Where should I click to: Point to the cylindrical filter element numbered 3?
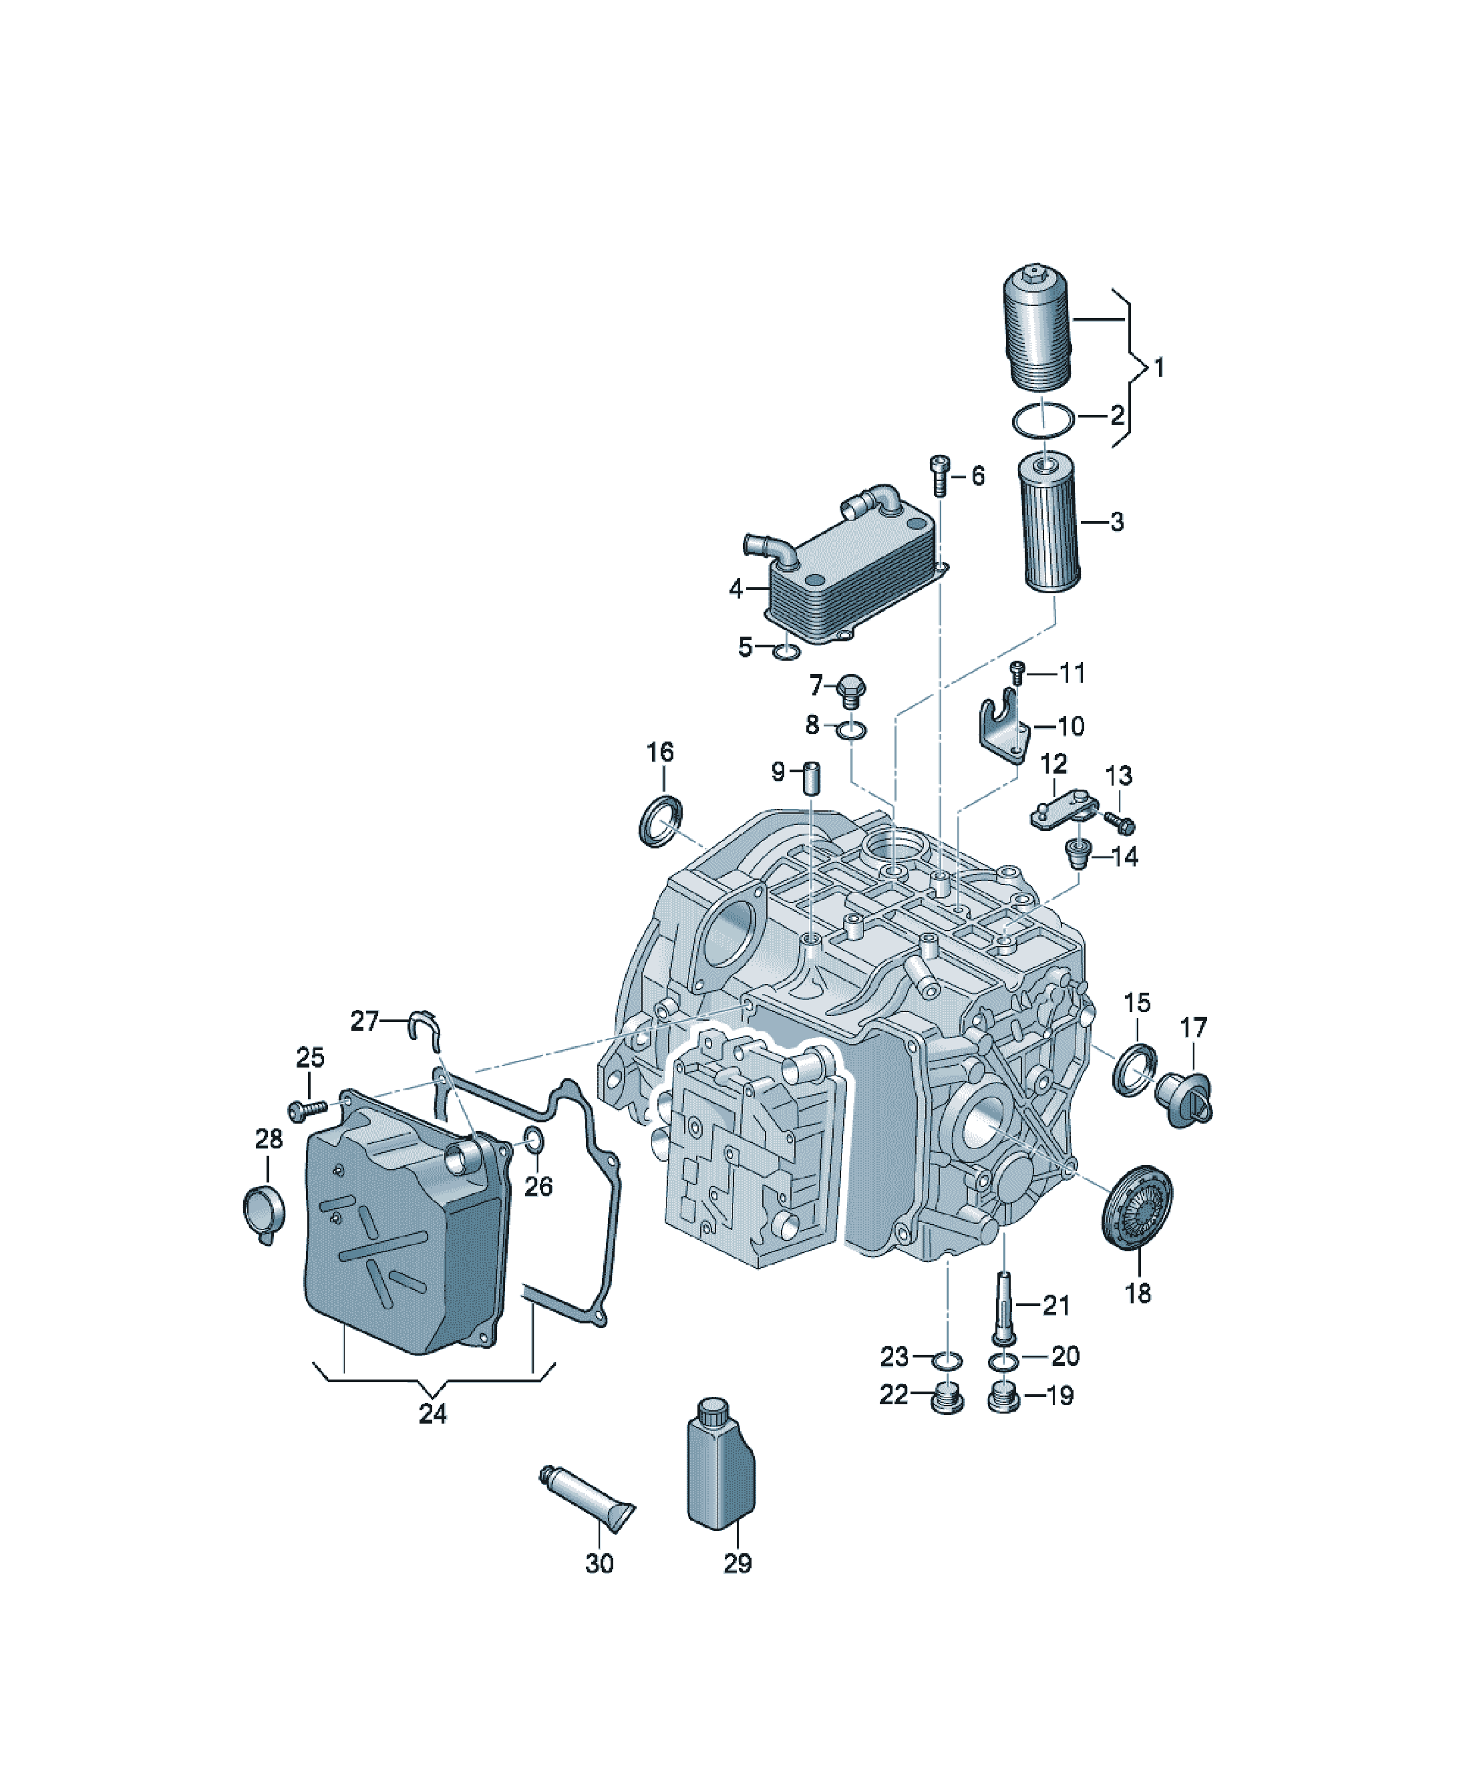click(x=1050, y=523)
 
